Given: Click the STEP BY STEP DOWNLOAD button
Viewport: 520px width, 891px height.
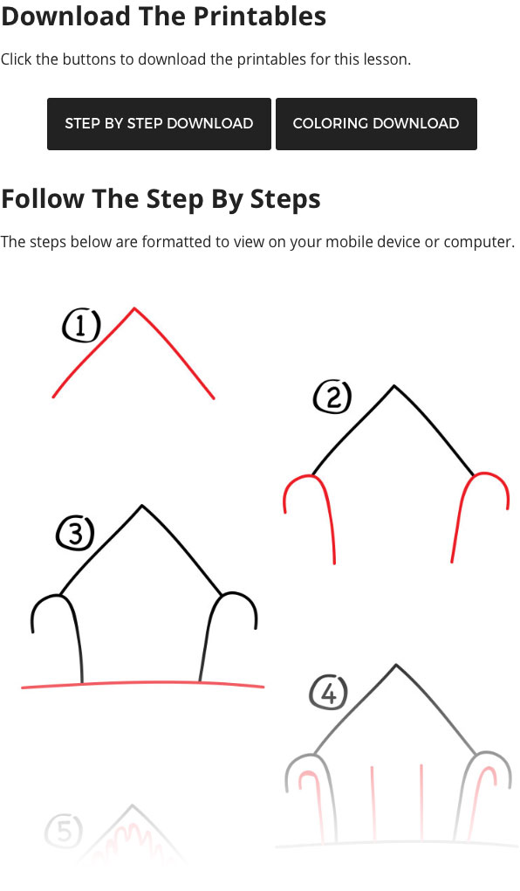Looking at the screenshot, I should (159, 123).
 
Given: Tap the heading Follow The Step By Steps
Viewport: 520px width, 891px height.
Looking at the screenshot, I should (161, 198).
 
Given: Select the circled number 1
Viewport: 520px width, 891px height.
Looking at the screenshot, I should (81, 327).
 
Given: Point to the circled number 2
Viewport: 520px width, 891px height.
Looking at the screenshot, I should (332, 398).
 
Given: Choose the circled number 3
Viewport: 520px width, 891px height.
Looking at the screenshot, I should (75, 533).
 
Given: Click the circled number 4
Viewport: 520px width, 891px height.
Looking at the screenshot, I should (328, 694).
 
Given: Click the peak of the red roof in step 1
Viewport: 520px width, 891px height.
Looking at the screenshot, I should (134, 308).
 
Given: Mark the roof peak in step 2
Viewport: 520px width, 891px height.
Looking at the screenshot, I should (394, 386).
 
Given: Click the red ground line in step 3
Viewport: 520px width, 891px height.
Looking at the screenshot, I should (142, 683).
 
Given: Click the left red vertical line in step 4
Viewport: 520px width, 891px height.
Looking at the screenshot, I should (373, 804).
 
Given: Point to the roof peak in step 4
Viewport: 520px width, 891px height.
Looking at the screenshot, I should (396, 666).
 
